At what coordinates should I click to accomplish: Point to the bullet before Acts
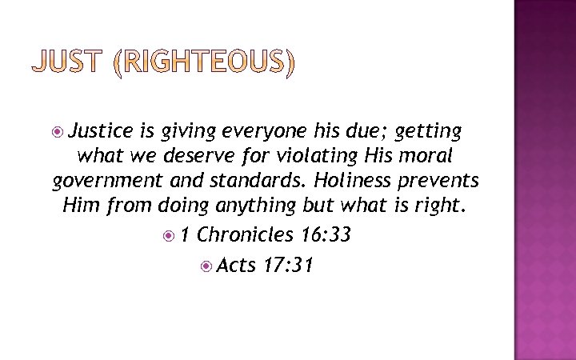coord(206,265)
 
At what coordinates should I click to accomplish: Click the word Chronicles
coord(246,235)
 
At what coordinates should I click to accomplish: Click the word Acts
coord(235,264)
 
